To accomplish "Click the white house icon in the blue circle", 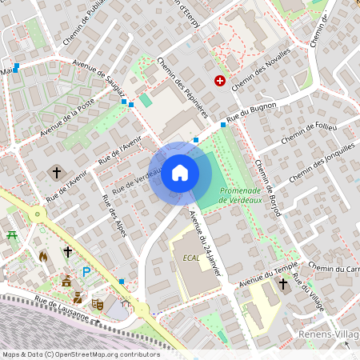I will point(180,173).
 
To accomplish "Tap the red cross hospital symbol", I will point(219,81).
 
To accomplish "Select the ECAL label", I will point(191,258).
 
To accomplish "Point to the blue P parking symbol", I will point(86,273).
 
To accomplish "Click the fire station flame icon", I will point(43,255).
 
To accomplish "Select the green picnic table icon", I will point(12,235).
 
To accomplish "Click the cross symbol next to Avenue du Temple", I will point(282,284).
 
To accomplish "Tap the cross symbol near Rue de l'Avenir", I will point(57,172).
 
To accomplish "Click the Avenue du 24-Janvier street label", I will point(205,243).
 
